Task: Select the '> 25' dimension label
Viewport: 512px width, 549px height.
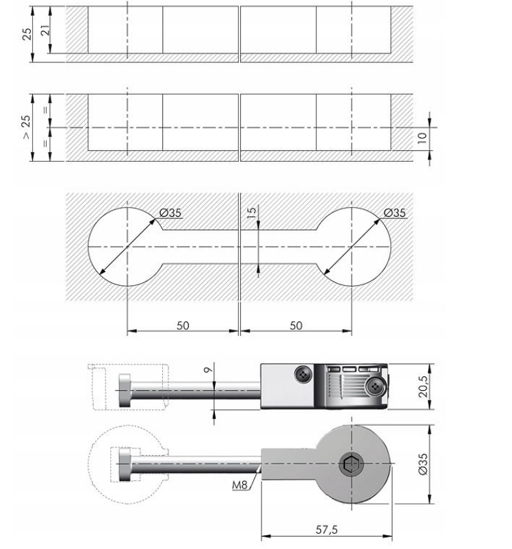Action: click(x=26, y=127)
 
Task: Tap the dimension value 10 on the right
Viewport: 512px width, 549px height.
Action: click(x=422, y=136)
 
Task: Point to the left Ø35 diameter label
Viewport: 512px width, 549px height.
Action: click(x=170, y=213)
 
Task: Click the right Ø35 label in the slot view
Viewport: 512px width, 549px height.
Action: click(x=394, y=213)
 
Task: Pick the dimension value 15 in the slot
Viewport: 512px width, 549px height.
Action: click(x=251, y=212)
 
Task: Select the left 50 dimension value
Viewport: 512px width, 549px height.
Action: click(x=183, y=325)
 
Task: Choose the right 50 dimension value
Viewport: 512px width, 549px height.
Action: click(x=296, y=325)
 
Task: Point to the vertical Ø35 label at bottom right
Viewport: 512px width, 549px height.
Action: click(x=422, y=465)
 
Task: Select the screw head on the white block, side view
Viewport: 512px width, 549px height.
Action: click(x=303, y=373)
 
